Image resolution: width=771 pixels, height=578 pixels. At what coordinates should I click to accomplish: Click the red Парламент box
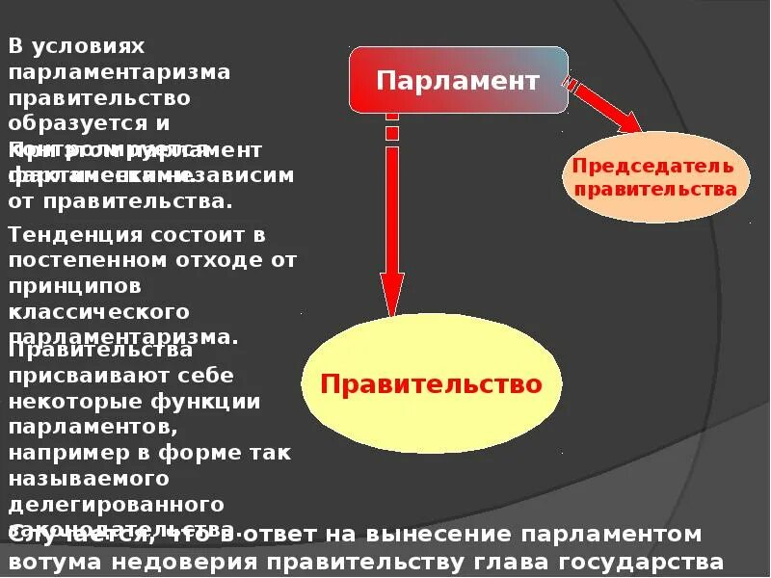pos(458,79)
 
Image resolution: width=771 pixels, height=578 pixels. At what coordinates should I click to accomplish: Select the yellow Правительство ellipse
pos(431,384)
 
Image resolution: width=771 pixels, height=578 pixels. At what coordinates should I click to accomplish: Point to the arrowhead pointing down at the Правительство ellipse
pos(391,293)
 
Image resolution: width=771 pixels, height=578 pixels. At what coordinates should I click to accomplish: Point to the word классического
pos(98,312)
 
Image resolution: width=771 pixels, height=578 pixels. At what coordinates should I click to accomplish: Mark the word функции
pos(199,401)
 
